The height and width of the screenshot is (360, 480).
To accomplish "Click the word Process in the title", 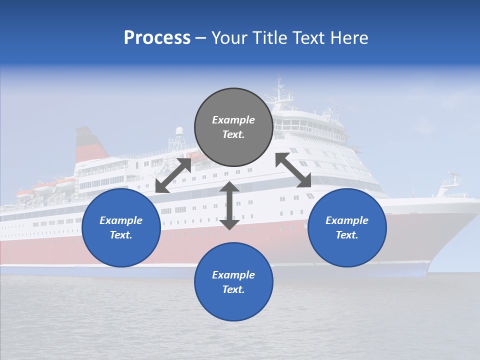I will coord(157,38).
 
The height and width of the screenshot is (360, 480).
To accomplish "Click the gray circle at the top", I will coord(233,127).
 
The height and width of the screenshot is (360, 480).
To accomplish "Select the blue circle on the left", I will coord(121,227).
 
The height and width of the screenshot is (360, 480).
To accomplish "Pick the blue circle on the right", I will coord(347,227).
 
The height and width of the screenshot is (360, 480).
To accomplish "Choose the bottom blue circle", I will coord(233,281).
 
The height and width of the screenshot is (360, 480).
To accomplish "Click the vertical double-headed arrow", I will coord(229,205).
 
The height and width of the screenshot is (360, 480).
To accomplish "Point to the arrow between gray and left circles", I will coord(173,174).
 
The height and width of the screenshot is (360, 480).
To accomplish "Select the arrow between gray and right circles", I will coord(293,170).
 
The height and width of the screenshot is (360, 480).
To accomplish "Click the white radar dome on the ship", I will coord(179,131).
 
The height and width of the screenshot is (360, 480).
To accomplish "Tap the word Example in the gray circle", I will coord(233,120).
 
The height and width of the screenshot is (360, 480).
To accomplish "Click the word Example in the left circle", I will coord(121,220).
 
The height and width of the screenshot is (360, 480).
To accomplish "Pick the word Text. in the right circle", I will coord(347,235).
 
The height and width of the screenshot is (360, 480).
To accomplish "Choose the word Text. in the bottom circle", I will coord(233,289).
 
